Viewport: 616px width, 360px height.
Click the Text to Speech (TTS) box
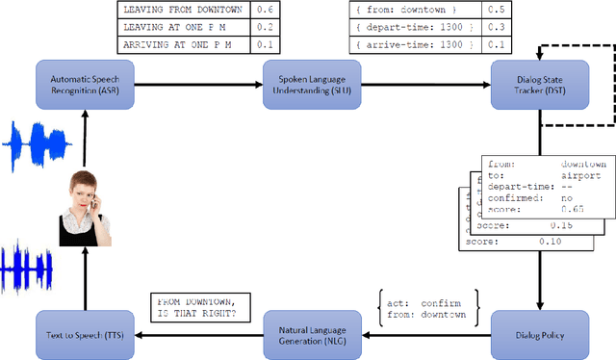[x=84, y=335]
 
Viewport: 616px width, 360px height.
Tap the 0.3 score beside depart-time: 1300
[x=495, y=27]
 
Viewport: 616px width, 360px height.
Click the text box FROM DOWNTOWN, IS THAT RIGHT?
[x=199, y=307]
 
